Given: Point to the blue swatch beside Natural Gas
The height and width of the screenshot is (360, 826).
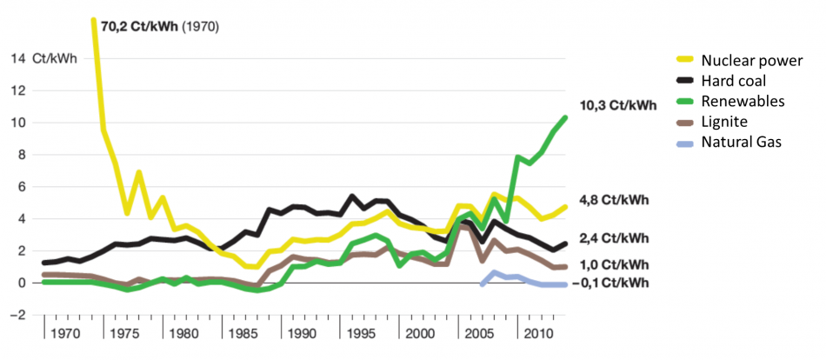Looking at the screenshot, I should tap(689, 143).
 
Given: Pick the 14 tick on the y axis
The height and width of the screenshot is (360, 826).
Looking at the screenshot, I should tap(18, 59).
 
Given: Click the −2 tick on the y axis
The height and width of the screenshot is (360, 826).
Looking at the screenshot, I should tap(16, 315).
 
